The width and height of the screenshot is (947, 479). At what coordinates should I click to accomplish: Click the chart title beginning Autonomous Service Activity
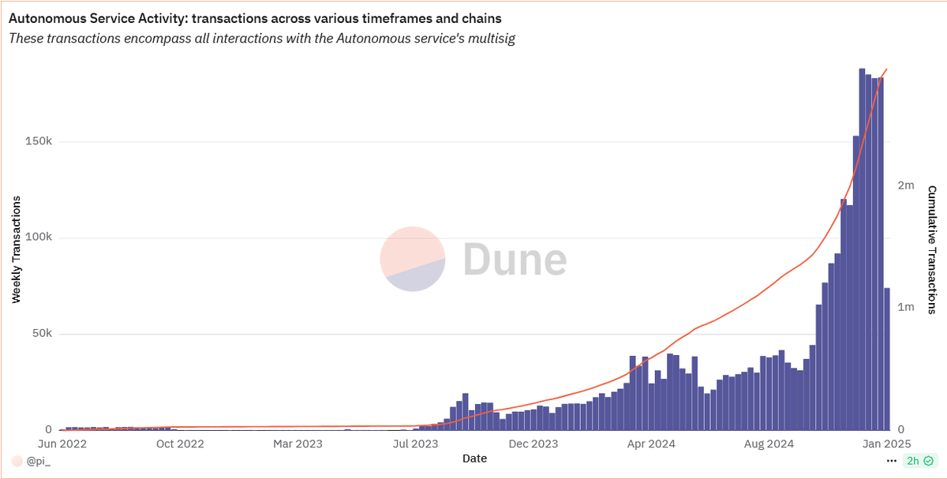pyautogui.click(x=255, y=17)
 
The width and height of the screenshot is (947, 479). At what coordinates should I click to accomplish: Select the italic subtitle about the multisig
pyautogui.click(x=262, y=39)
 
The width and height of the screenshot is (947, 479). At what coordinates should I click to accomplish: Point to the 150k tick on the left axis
pyautogui.click(x=37, y=142)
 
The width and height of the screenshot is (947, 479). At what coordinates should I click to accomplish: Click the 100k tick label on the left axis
pyautogui.click(x=37, y=238)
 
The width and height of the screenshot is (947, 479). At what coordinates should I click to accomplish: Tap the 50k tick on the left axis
pyautogui.click(x=40, y=334)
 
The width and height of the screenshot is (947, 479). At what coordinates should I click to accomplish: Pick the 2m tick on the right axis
pyautogui.click(x=905, y=185)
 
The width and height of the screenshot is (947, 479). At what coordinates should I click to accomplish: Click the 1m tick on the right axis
pyautogui.click(x=905, y=307)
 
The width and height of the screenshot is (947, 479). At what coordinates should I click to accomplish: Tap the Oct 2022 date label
pyautogui.click(x=180, y=444)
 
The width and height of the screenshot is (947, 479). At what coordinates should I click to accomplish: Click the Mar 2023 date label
pyautogui.click(x=298, y=444)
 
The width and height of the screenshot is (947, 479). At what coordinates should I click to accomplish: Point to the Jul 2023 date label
pyautogui.click(x=417, y=444)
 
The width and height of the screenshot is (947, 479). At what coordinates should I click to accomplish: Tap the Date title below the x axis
pyautogui.click(x=474, y=458)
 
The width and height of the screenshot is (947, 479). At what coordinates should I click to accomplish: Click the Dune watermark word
pyautogui.click(x=514, y=259)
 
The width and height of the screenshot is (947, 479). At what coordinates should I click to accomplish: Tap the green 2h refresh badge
pyautogui.click(x=920, y=461)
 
